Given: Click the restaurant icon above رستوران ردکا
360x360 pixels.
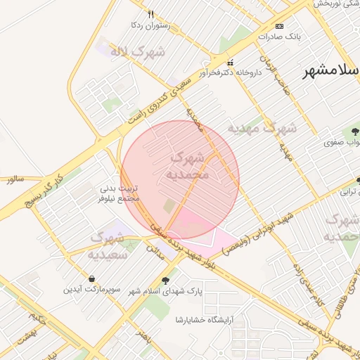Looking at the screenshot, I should [150, 14].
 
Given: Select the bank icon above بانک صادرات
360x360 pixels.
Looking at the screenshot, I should [280, 25].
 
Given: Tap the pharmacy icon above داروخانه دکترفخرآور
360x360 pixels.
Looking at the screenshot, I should [230, 63].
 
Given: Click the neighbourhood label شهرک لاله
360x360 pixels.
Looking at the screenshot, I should [137, 51].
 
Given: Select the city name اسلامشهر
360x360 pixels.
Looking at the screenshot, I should [331, 72].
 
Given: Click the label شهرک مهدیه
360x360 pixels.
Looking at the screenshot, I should [262, 129].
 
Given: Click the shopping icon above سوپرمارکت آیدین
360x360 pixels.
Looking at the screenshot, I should [94, 278].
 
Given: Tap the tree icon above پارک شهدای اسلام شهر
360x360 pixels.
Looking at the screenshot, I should [165, 281].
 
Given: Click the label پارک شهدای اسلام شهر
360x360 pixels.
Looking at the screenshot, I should [165, 291].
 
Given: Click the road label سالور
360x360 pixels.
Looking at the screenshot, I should [15, 180].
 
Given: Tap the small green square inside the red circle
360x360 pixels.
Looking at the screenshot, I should [169, 206].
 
